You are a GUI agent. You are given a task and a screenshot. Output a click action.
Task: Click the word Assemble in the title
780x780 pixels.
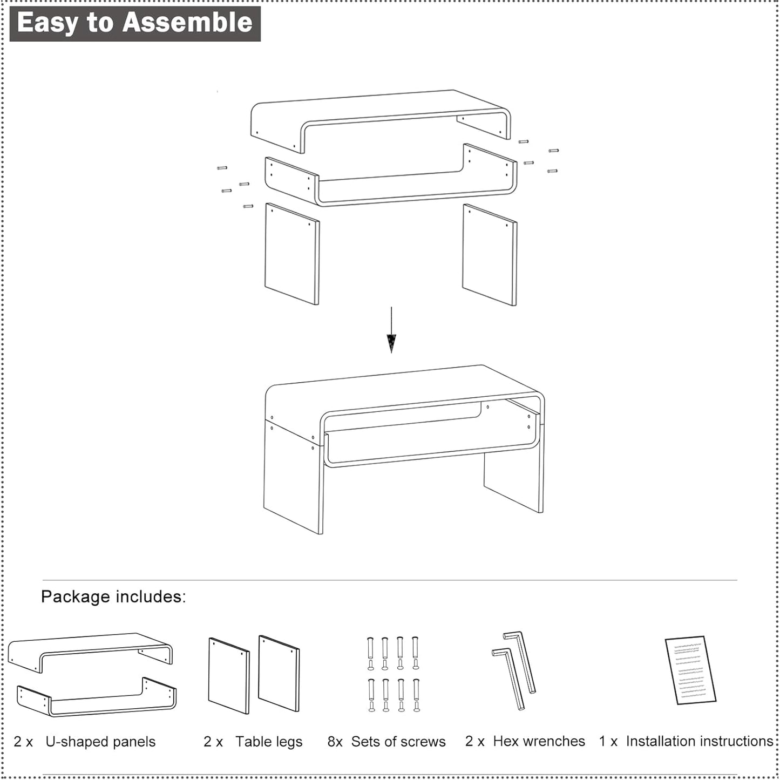(x=187, y=23)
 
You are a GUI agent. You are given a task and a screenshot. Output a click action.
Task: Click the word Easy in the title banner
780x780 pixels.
(x=48, y=23)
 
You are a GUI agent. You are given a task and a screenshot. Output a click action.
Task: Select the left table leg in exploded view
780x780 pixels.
(x=291, y=254)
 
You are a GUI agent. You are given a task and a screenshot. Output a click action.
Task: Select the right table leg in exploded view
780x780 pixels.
(x=489, y=255)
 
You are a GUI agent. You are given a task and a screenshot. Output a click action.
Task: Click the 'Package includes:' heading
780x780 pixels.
(x=113, y=596)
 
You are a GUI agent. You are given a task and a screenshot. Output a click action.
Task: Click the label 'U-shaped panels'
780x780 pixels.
(x=100, y=742)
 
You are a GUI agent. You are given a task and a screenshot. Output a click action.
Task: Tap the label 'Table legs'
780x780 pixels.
(x=268, y=742)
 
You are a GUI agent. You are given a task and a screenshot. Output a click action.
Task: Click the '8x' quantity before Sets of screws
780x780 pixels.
(x=335, y=742)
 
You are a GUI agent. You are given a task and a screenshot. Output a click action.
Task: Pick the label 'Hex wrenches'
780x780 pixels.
(x=539, y=741)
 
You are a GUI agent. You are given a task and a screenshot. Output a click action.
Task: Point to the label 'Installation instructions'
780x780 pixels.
(x=700, y=741)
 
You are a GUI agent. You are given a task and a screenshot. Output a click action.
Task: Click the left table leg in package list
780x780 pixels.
(x=229, y=675)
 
